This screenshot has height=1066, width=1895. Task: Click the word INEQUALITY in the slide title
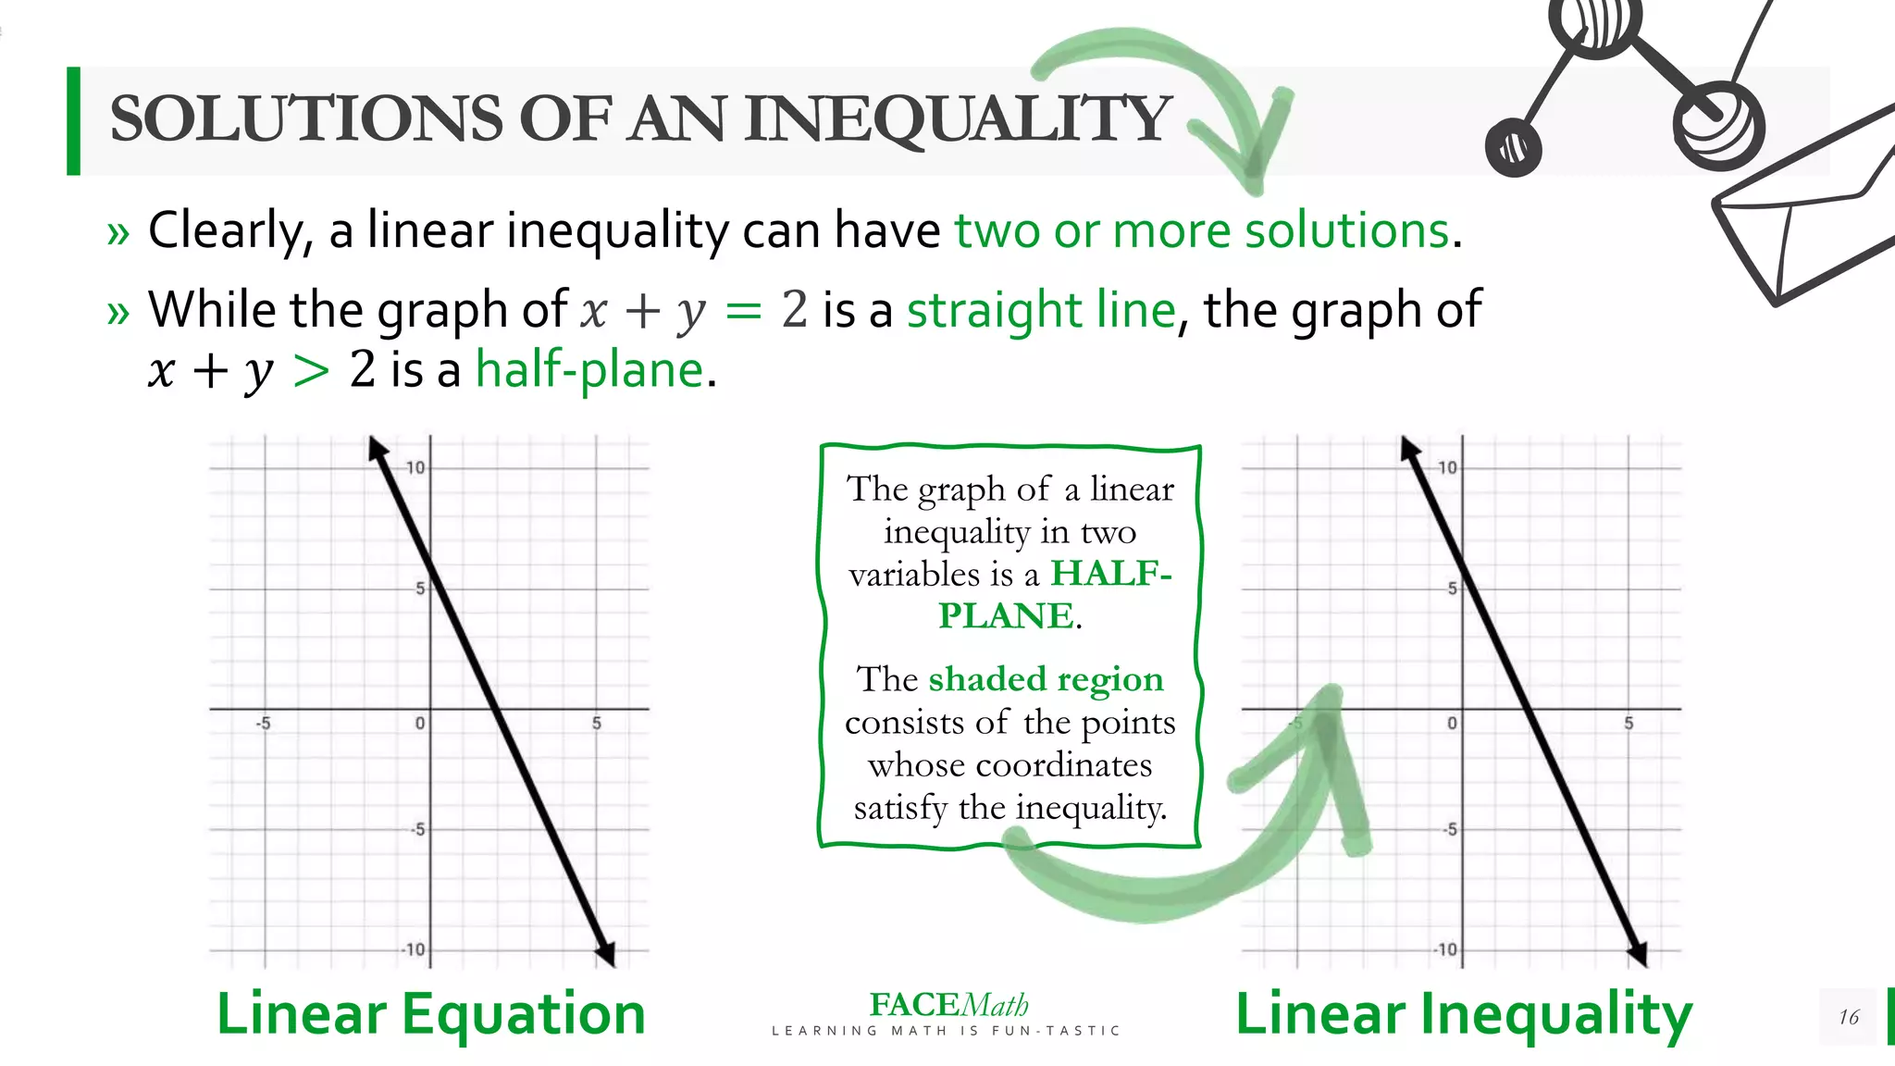click(958, 120)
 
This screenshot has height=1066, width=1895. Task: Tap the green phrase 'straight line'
click(1041, 310)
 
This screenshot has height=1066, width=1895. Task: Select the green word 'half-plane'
click(589, 370)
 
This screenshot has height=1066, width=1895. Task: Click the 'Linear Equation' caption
click(431, 1014)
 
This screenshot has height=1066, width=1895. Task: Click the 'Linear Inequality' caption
click(1464, 1014)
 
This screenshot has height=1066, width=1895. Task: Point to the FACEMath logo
click(948, 1006)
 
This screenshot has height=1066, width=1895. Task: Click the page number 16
click(1848, 1018)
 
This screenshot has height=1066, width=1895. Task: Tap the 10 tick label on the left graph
click(415, 468)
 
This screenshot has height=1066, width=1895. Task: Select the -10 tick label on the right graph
click(1445, 950)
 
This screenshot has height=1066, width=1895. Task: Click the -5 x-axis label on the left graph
click(264, 724)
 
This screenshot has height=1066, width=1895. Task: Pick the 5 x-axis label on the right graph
click(1629, 724)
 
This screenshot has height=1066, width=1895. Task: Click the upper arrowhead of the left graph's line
click(377, 450)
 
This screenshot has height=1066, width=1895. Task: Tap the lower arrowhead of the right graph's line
click(1637, 953)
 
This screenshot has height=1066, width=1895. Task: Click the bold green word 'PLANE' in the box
click(1006, 616)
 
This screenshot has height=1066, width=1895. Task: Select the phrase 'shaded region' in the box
click(1046, 679)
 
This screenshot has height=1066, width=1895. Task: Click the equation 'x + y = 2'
click(694, 310)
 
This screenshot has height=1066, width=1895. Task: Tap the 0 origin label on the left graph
click(420, 724)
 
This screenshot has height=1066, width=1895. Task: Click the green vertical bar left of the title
click(74, 121)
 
